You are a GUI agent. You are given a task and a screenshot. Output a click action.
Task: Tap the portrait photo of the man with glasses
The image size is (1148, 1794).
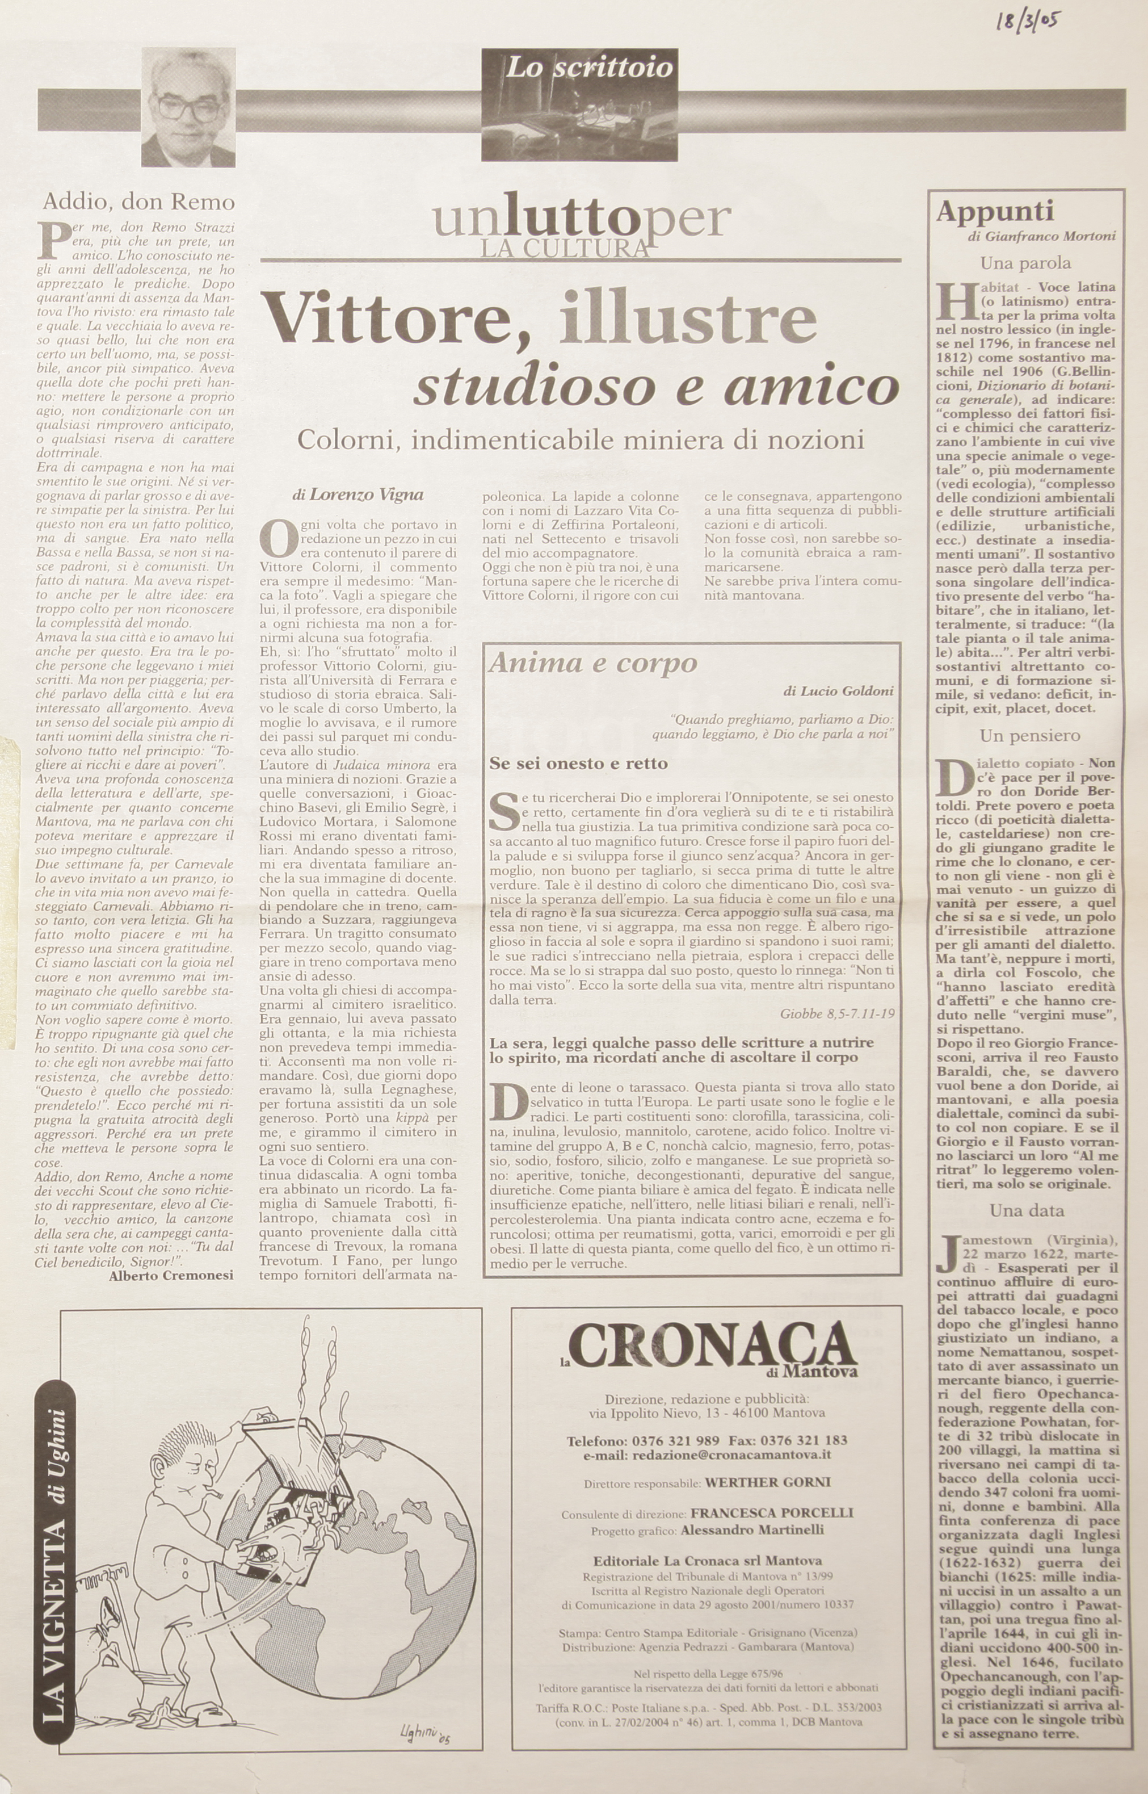188,107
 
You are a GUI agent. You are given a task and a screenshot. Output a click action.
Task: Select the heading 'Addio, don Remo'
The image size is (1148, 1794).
138,202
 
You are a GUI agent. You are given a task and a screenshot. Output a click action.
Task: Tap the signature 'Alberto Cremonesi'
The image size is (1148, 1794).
171,1275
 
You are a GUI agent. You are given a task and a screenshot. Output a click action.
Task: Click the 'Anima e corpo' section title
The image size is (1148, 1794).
592,663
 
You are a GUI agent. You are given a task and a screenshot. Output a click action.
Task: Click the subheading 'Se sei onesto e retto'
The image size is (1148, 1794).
578,764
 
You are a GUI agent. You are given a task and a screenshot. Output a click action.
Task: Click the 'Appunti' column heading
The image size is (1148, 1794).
995,212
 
